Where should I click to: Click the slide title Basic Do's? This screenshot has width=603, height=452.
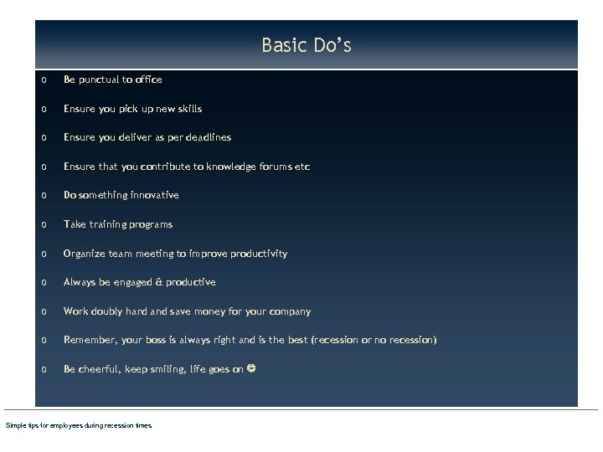(306, 45)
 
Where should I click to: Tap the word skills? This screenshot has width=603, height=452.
(188, 109)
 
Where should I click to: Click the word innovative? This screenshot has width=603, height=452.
(154, 195)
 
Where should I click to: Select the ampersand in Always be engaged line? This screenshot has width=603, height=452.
(159, 282)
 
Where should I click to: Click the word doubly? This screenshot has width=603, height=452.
(106, 311)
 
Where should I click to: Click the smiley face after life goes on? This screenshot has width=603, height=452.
(251, 368)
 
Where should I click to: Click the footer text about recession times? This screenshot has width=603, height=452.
(79, 426)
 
